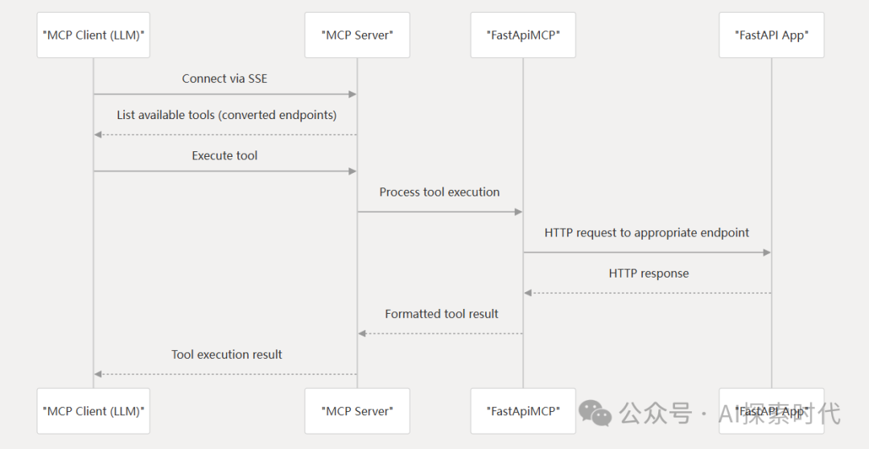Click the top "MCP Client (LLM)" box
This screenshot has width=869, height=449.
click(x=93, y=35)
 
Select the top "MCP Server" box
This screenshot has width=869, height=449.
click(x=357, y=35)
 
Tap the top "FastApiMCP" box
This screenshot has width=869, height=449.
click(x=523, y=35)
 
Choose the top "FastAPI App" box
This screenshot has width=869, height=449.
click(x=772, y=35)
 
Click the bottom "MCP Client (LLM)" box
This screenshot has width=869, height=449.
click(x=93, y=411)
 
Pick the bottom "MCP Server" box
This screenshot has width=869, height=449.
click(x=357, y=411)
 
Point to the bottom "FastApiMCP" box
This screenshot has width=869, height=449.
click(x=523, y=411)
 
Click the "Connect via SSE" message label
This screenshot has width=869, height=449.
click(x=224, y=78)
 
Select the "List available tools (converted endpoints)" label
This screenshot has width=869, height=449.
click(x=226, y=115)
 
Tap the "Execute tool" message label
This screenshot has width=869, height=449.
click(x=224, y=155)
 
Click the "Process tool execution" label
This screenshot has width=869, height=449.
click(x=439, y=192)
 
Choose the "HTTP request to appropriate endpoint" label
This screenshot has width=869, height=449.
click(x=647, y=233)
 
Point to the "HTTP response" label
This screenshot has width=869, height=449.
click(x=649, y=273)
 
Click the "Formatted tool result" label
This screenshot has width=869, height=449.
click(x=441, y=314)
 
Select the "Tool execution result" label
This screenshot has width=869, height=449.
click(x=226, y=354)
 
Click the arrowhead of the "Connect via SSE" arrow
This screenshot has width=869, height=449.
click(x=352, y=94)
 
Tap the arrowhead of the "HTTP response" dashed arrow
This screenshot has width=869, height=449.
click(x=528, y=293)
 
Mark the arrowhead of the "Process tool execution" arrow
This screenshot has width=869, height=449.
click(x=518, y=212)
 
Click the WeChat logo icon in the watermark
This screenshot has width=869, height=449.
click(x=595, y=413)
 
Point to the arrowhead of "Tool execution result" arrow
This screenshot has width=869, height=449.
click(x=98, y=374)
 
